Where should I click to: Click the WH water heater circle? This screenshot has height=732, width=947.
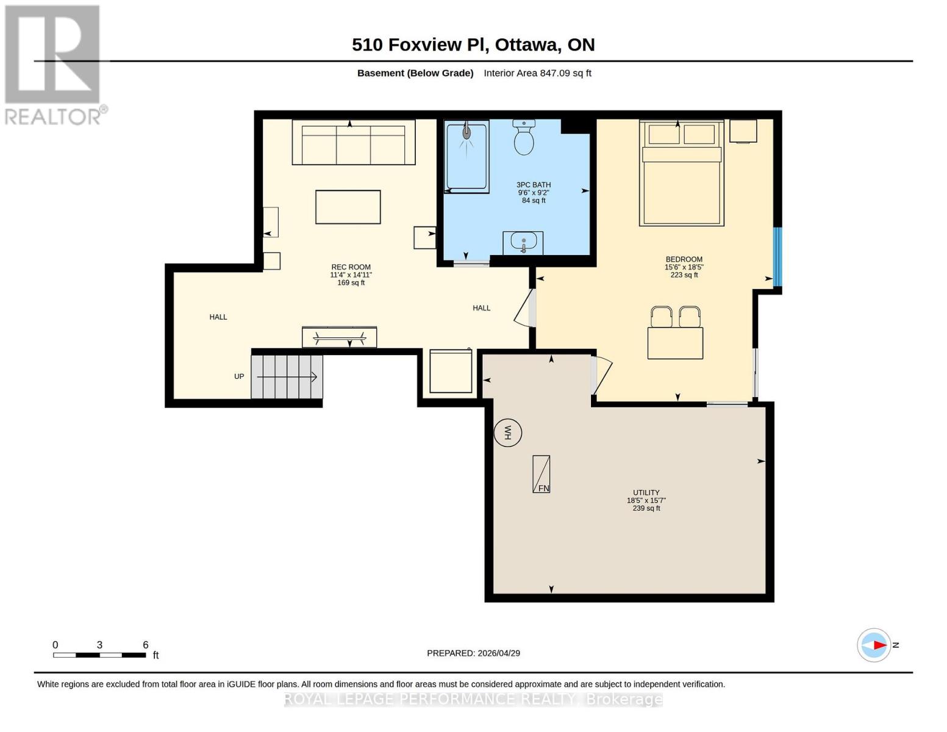507,433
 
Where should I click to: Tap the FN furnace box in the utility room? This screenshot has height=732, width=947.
541,474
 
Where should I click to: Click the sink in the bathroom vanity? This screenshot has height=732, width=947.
523,243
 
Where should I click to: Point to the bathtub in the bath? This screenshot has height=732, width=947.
466,157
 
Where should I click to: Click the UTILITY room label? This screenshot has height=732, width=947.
646,493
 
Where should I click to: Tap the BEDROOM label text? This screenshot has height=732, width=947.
684,259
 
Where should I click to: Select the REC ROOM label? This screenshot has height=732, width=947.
351,267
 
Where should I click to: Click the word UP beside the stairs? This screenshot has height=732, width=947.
239,376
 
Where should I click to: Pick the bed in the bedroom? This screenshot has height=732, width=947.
681,174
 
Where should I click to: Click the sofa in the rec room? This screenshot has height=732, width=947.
354,142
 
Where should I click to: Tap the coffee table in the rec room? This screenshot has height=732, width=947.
348,207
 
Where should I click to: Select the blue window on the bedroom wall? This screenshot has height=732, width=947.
777,256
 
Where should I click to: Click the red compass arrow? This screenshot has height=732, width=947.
879,645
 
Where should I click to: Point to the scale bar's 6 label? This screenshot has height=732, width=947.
146,645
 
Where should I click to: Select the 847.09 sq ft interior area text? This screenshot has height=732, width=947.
565,73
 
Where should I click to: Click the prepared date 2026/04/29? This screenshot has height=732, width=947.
499,653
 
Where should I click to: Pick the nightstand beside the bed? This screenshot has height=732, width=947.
743,131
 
